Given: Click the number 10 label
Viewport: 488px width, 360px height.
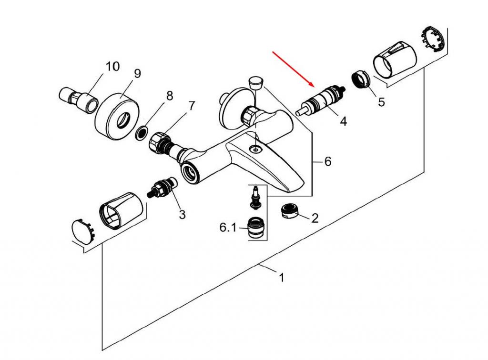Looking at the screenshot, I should coord(112,66).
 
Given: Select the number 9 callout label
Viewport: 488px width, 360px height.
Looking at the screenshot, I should coord(137,74).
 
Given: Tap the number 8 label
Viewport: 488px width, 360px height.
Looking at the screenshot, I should coord(169,96).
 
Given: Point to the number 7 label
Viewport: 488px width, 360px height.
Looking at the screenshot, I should coord(192,106).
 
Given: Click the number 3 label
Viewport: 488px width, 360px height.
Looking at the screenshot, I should coord(182,214).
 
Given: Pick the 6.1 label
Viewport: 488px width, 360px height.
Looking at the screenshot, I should coord(228,228).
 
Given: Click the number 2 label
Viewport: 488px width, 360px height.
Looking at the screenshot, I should coord(315,218).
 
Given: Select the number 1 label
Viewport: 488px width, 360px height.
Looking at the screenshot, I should coord(281,277).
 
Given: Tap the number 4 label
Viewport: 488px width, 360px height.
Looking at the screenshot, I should coord(343,121).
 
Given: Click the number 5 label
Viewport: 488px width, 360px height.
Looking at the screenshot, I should coord(381,102).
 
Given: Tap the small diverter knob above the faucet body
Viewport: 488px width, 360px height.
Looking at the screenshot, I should coord(256,82).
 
